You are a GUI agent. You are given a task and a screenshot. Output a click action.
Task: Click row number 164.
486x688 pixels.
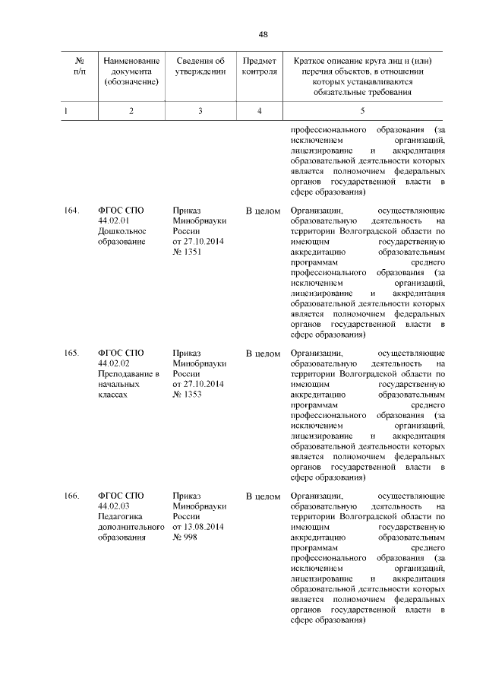[72, 210]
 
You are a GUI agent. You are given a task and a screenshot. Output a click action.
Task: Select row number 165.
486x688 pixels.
[72, 354]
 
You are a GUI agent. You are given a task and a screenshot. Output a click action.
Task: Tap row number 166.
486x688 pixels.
[72, 496]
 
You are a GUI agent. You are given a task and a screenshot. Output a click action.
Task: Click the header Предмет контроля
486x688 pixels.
[259, 66]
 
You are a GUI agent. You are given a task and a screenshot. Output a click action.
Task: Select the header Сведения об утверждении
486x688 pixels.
[200, 66]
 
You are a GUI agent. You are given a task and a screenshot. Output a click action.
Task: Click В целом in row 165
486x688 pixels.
[263, 354]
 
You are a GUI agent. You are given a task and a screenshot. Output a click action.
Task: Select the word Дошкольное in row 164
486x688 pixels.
[121, 231]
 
